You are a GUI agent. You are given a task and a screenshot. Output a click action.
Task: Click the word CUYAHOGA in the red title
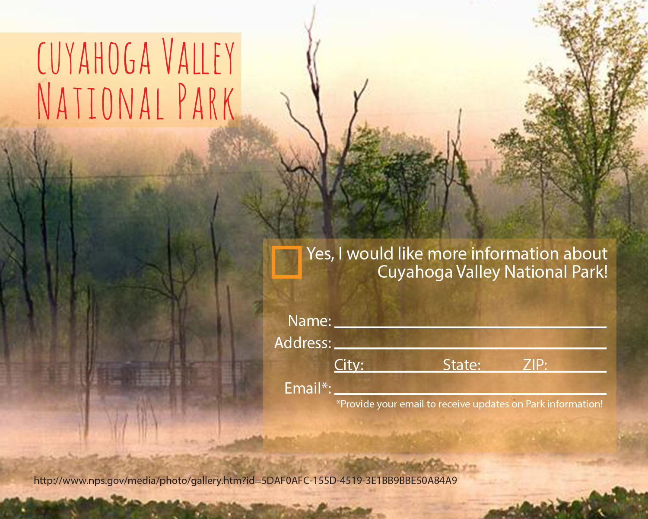(94, 57)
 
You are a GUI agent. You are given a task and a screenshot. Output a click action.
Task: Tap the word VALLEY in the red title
(198, 56)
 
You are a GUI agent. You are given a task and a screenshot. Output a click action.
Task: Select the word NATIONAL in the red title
(100, 101)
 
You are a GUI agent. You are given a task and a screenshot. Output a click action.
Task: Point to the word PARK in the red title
(206, 101)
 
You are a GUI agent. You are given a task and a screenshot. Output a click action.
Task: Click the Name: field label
(310, 320)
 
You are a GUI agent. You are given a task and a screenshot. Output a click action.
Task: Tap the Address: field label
(303, 343)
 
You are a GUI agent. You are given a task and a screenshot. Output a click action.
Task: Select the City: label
(349, 365)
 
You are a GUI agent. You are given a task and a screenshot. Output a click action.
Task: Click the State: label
(462, 365)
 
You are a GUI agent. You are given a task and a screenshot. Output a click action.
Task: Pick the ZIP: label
(535, 365)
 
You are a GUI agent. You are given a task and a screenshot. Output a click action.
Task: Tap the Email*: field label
(308, 388)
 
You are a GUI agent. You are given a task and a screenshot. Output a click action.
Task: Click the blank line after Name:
(470, 327)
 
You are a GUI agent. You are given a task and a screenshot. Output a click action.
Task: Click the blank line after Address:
(470, 348)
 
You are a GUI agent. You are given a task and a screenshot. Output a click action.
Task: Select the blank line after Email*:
(470, 394)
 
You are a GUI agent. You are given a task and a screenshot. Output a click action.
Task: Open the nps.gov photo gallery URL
(245, 481)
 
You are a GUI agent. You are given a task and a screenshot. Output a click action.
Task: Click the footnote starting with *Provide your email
(470, 404)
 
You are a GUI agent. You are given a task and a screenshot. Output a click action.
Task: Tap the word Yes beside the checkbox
(320, 253)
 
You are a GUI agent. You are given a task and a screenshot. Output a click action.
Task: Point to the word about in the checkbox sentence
(585, 253)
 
